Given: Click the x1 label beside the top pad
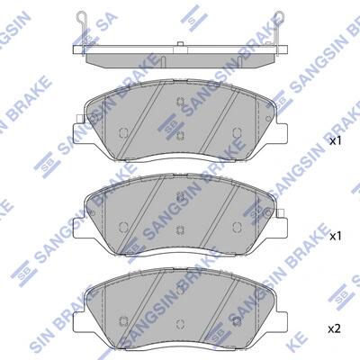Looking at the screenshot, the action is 336,141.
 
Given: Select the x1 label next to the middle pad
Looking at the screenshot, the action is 336,237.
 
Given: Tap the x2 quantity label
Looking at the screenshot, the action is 334,329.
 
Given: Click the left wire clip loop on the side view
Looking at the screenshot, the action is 81,18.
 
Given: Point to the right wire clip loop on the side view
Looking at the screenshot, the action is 279,18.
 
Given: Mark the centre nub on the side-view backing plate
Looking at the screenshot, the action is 180,44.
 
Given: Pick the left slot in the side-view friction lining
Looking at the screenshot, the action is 163,61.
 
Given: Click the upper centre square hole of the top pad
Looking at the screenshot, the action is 180,102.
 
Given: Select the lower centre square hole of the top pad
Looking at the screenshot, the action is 180,136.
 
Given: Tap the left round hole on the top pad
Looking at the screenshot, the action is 123,132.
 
